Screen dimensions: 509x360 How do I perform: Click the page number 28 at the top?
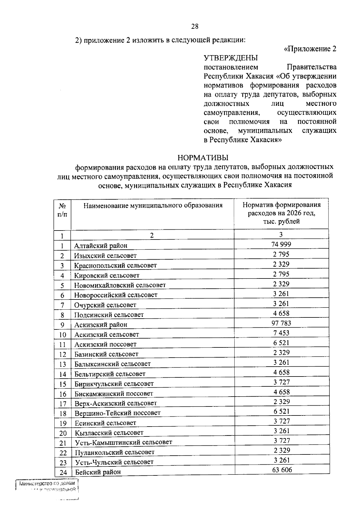[x=195, y=26]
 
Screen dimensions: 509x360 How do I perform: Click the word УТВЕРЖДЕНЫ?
[x=230, y=58]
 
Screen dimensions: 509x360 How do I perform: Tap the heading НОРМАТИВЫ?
[x=203, y=158]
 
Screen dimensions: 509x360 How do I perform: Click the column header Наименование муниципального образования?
[x=153, y=206]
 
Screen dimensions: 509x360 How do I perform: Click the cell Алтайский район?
[x=101, y=246]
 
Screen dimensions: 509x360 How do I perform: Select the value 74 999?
[x=281, y=244]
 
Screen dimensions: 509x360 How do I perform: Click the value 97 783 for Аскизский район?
[x=281, y=323]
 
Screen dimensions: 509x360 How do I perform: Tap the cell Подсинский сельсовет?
[x=109, y=315]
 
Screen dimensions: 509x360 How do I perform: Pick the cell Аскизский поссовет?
[x=105, y=344]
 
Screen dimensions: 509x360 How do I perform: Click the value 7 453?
[x=281, y=333]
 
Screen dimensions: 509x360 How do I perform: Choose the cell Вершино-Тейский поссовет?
[x=118, y=413]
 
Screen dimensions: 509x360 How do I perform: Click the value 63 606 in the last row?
[x=282, y=470]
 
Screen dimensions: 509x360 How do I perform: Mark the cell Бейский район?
[x=98, y=472]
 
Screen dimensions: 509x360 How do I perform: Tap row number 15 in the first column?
[x=62, y=384]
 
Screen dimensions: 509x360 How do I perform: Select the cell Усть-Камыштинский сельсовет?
[x=124, y=442]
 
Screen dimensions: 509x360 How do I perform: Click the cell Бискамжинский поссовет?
[x=114, y=394]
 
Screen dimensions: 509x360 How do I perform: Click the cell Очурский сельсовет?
[x=105, y=305]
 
